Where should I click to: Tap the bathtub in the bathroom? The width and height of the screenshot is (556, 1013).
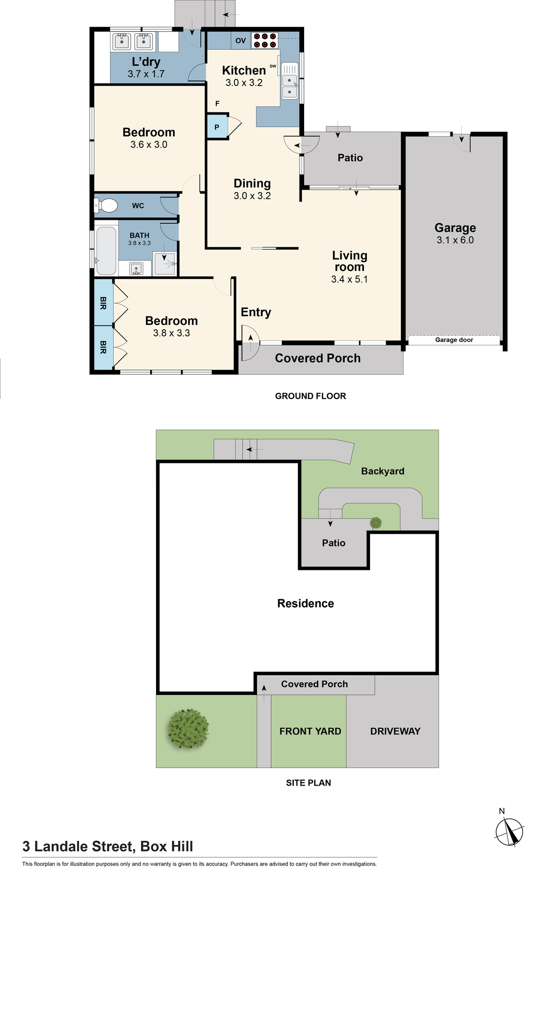[106, 251]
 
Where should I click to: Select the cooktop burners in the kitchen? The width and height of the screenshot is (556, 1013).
[265, 41]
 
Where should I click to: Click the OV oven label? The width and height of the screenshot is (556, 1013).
[241, 41]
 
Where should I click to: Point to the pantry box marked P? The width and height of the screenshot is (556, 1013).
[217, 127]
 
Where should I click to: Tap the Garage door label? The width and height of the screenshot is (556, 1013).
[454, 340]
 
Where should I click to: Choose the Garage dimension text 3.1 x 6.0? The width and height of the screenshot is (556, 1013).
[455, 240]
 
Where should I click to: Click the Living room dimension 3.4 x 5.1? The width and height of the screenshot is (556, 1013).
[349, 279]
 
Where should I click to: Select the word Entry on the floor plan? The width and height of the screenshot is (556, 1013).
[256, 313]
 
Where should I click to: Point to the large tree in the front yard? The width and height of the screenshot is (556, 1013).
[188, 729]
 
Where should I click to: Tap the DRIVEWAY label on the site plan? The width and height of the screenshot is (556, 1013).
[395, 731]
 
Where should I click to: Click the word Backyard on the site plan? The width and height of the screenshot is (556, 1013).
[383, 471]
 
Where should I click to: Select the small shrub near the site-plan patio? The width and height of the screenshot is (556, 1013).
[376, 522]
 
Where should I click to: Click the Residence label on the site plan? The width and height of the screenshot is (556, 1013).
[306, 603]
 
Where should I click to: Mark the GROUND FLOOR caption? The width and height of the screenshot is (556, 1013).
[311, 396]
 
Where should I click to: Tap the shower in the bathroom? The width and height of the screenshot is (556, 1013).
[165, 263]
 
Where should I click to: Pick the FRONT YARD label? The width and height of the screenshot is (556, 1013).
[310, 731]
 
